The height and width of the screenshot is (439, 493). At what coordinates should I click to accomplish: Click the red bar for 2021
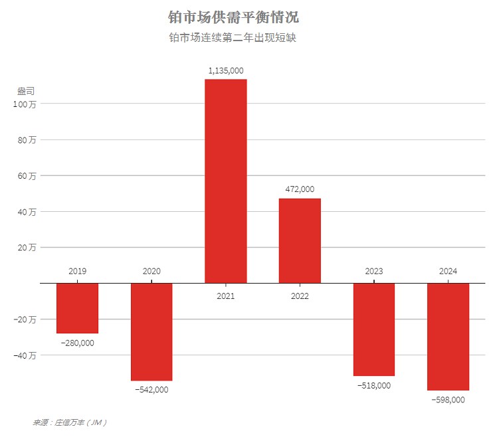(225, 181)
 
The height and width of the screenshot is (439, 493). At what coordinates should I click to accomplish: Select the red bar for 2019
(77, 307)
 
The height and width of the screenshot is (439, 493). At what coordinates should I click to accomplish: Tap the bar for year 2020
(151, 331)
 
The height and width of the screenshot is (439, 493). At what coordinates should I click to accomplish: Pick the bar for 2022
(300, 240)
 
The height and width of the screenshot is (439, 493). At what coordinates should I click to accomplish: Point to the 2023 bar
(374, 329)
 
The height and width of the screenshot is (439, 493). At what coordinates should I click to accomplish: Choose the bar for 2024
(448, 336)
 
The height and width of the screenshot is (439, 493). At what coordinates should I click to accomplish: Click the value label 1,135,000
(226, 70)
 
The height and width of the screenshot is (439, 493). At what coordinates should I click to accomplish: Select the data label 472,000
(300, 189)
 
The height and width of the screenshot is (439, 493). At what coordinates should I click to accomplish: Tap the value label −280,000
(77, 343)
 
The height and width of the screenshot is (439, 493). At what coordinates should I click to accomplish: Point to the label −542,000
(151, 390)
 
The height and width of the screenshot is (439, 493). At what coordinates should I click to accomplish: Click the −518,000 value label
(374, 385)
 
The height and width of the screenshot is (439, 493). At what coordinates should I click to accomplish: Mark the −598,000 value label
(448, 400)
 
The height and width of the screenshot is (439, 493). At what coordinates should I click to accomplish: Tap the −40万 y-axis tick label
(27, 355)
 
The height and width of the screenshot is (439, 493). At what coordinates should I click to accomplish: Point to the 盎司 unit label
(25, 91)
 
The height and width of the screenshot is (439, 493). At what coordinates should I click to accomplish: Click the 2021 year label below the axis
(226, 296)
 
